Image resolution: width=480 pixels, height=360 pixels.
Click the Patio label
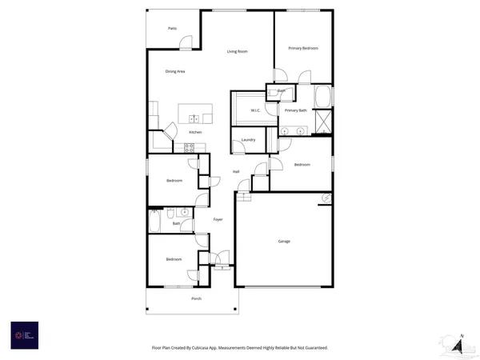tap(172, 28)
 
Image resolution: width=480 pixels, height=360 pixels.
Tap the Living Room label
tap(237, 51)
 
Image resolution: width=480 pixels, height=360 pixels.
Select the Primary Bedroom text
tap(304, 48)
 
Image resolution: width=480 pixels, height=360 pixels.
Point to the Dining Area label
tap(175, 72)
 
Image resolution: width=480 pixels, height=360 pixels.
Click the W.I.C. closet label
tap(256, 110)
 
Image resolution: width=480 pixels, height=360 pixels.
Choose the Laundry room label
tap(249, 140)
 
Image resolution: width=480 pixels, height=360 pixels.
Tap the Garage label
tap(284, 241)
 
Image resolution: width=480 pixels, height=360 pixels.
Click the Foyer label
tap(218, 219)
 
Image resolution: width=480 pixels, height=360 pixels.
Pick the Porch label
tap(196, 298)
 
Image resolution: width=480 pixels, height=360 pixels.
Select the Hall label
tap(236, 172)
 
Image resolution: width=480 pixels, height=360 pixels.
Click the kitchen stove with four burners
tap(190, 146)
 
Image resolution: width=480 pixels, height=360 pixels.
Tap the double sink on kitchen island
tap(194, 118)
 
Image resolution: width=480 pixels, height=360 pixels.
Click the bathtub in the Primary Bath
tap(323, 97)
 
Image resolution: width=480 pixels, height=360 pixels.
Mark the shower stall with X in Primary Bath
tap(325, 122)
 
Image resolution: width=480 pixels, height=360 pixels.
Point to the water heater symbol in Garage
tap(326, 198)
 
